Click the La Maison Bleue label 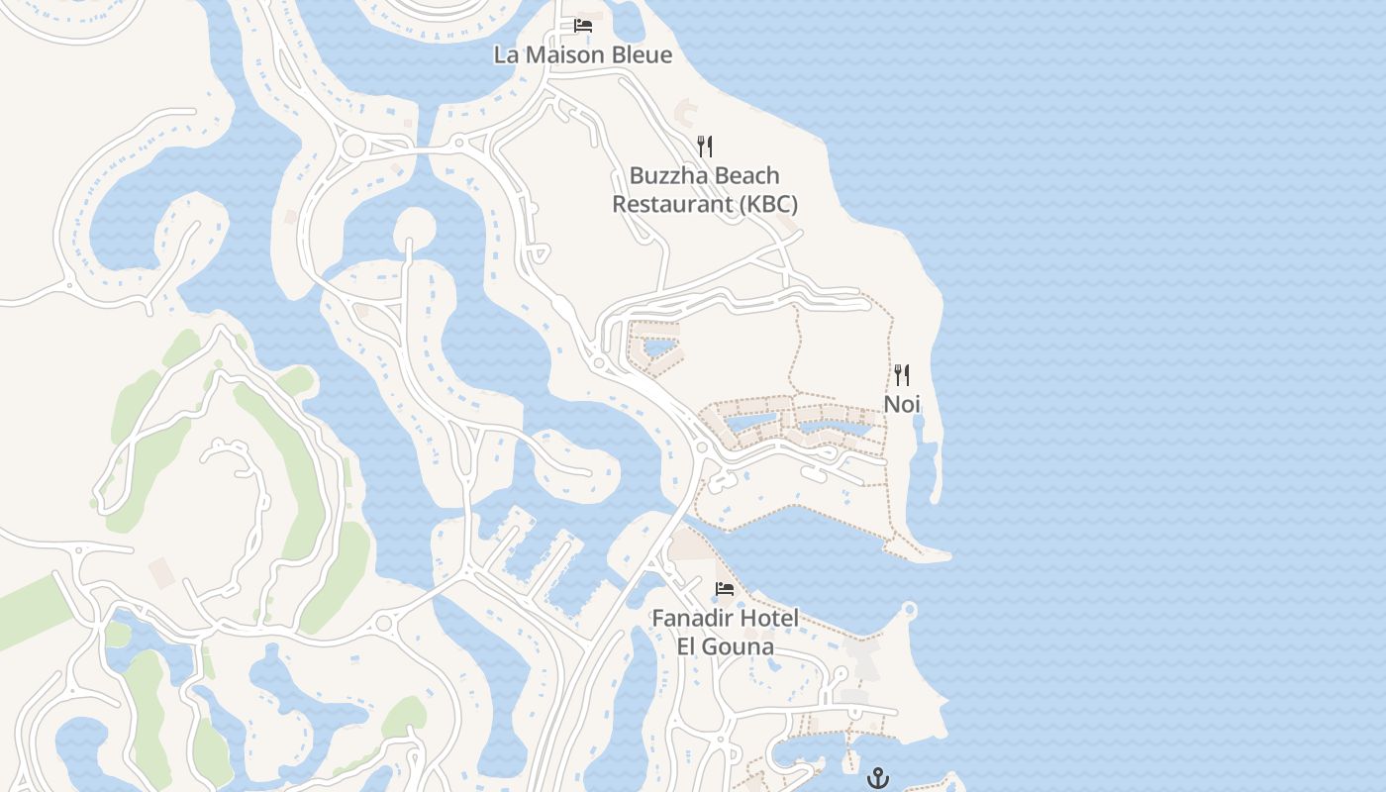point(582,54)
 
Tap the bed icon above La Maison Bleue point(583,25)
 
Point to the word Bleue point(641,54)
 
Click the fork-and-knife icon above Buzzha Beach point(705,147)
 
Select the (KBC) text point(767,204)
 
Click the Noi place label point(902,404)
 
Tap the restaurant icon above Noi point(901,375)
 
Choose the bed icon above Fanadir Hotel point(725,589)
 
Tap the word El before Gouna point(690,647)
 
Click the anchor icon point(877,778)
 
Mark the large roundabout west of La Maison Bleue point(353,147)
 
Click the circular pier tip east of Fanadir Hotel point(909,609)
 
